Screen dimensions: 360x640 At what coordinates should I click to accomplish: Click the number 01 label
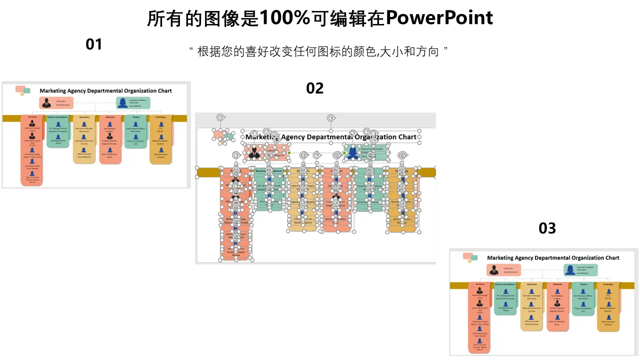pos(94,44)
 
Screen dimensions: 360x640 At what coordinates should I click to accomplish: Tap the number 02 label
pos(315,88)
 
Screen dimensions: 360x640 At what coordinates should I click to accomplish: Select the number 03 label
pos(547,228)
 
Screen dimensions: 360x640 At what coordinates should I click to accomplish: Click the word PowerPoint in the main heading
pos(439,18)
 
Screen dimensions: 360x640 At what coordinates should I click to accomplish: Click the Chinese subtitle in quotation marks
pos(318,51)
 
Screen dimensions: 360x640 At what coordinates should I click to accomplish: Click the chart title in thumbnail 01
pos(105,91)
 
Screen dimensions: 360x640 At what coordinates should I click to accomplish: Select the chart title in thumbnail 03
pos(553,258)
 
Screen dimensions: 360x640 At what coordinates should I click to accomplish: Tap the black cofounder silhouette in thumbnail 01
pos(46,103)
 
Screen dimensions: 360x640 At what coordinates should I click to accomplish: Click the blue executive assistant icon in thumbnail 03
pos(570,270)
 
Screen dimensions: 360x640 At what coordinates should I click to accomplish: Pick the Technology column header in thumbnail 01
pos(160,117)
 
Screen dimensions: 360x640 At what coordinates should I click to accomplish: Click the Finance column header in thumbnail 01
pos(136,117)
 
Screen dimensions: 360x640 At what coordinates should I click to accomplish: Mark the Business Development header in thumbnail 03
pos(505,284)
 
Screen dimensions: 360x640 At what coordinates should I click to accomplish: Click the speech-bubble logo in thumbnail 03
pos(470,257)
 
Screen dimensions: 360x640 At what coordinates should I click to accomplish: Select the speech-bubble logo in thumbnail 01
pos(22,90)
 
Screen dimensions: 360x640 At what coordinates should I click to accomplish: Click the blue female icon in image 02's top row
pos(353,152)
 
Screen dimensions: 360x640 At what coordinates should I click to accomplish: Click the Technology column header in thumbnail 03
pos(607,284)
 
